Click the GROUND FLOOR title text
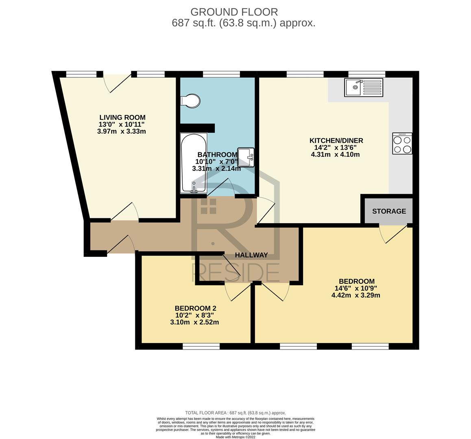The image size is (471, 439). coord(234,12)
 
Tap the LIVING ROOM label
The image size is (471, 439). coord(122,117)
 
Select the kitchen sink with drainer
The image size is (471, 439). coord(364,87)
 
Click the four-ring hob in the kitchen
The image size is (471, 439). coord(402,144)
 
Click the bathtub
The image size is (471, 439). coord(194,163)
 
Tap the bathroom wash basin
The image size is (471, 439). coord(246,157)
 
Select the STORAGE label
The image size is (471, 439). coord(389,211)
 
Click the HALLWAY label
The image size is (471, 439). coord(251,255)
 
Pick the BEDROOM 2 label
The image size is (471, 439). coord(196,309)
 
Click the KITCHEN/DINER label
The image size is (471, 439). coord(336,141)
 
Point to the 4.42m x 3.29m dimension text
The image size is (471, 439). coord(356,295)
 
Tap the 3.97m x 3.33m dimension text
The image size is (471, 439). coord(122,131)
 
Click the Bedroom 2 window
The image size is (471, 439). coord(201,346)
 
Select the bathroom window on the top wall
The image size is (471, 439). coord(221,74)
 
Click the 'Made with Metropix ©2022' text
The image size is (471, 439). coord(235,437)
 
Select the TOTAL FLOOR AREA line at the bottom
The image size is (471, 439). coord(235,413)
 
